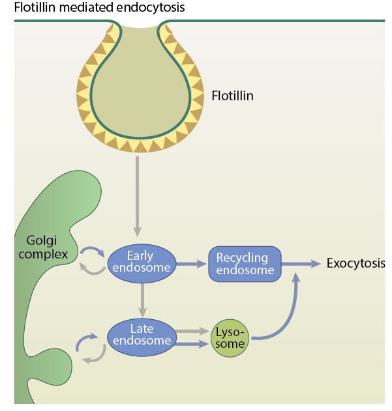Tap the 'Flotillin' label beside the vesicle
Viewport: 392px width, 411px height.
coord(232,96)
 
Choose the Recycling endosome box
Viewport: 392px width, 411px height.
coord(245,264)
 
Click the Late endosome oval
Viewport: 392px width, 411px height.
coord(141,336)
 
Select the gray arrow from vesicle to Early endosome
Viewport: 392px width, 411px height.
coord(137,195)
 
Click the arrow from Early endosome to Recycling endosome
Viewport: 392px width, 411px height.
coord(190,264)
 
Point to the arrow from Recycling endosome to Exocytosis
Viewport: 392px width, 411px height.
coord(301,264)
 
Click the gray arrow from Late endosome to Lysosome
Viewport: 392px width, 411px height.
coord(193,331)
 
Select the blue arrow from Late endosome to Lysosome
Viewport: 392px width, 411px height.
coord(193,343)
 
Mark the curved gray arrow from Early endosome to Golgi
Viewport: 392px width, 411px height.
coord(91,268)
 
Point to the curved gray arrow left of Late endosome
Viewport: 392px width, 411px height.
coord(94,356)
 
